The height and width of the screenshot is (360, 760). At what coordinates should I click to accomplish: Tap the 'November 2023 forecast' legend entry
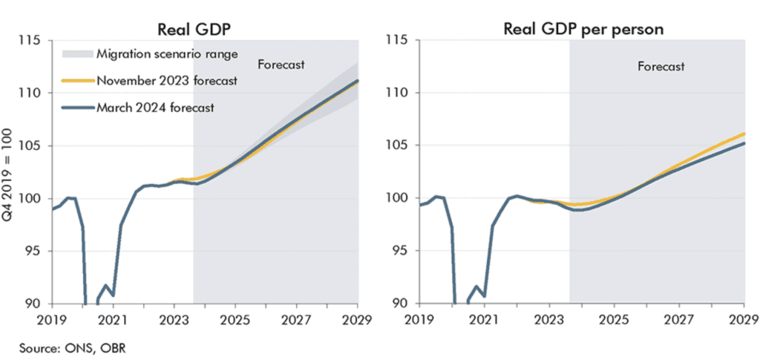click(x=167, y=80)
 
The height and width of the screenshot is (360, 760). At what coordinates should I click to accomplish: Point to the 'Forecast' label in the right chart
click(x=661, y=67)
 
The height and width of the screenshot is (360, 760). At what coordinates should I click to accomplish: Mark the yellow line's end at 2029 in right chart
click(x=744, y=134)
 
